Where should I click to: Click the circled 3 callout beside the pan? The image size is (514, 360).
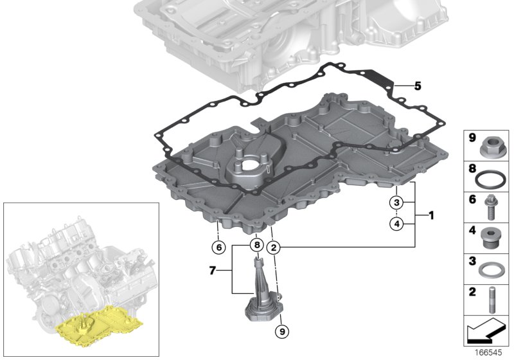398,203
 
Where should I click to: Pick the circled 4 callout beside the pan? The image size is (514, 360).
398,224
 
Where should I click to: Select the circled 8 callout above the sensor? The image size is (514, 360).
255,245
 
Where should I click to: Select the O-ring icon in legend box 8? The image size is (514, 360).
492,177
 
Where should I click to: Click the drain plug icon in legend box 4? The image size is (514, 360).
492,238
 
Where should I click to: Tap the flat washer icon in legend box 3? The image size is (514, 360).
492,269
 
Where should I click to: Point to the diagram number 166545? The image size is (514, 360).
496,353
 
